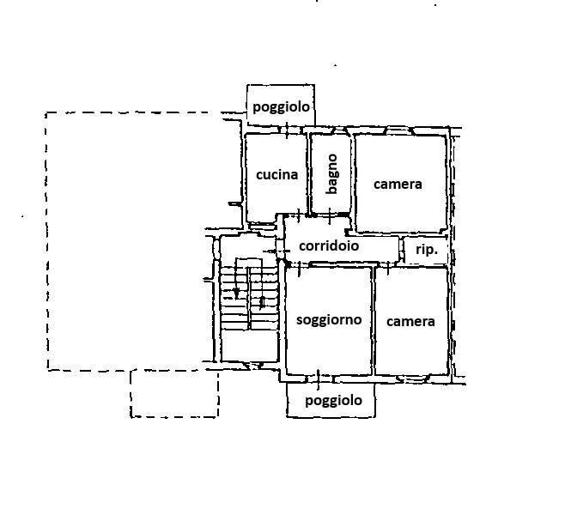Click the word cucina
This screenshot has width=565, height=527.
276,175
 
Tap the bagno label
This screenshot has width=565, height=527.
331,174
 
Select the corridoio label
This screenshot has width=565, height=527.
329,246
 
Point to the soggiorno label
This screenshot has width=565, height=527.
329,320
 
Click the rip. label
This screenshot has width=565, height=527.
427,249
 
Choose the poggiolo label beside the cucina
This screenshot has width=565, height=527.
281,107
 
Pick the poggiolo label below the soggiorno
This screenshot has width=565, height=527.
333,401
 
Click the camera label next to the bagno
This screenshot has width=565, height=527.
398,185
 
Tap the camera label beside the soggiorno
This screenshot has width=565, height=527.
410,322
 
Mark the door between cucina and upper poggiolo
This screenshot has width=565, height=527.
287,130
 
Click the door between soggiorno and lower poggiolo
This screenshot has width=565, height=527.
319,379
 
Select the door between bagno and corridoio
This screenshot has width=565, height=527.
331,215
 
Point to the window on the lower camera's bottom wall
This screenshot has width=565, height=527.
411,378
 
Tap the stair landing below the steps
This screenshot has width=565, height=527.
249,346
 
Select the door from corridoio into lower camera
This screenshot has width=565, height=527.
387,267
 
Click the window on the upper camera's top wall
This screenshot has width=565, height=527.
399,130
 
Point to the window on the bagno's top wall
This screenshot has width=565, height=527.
331,130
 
